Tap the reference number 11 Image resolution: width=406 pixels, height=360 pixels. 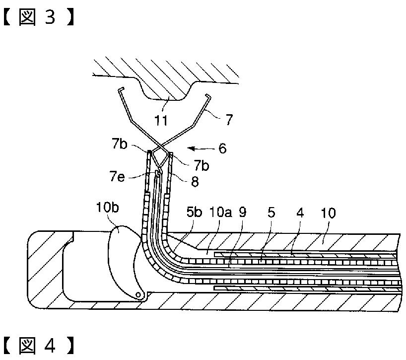coord(160,120)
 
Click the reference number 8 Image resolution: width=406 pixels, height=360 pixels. coord(195,182)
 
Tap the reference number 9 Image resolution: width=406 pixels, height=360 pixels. coord(242,214)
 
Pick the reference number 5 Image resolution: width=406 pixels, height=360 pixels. coord(271,214)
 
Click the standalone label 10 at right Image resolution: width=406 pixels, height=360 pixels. coord(328,214)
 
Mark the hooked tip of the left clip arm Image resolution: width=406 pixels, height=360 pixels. coord(121,90)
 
